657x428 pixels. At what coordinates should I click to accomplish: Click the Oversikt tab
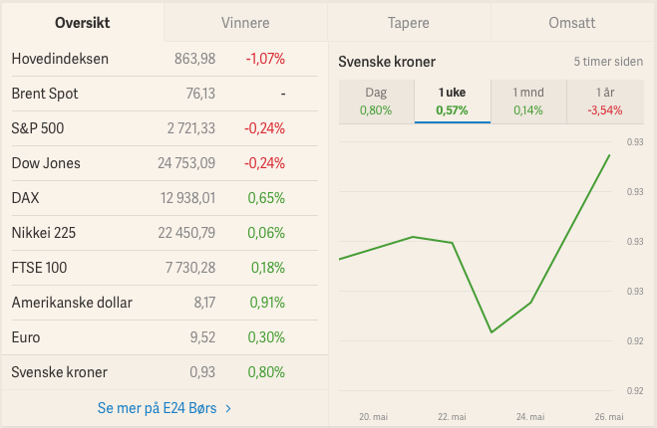point(82,22)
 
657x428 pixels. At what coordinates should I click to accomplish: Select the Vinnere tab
point(245,22)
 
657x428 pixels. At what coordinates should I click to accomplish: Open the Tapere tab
point(409,22)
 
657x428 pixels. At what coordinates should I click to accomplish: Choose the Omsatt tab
point(572,22)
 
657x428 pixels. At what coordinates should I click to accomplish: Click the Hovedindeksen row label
point(60,59)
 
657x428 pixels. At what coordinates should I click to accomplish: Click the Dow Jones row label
point(46,163)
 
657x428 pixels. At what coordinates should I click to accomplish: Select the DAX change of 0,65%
point(266,198)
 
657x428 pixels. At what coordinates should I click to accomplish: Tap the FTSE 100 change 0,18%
point(266,268)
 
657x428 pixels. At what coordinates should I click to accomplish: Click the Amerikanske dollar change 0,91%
point(266,303)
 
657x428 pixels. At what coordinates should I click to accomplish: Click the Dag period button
point(376,102)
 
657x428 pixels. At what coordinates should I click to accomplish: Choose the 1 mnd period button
point(528,102)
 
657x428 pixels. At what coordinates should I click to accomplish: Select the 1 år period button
point(605,102)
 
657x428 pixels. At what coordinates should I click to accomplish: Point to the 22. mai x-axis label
point(452,416)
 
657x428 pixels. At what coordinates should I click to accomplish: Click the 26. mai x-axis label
point(610,416)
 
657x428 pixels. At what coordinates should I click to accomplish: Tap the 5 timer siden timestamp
point(608,62)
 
